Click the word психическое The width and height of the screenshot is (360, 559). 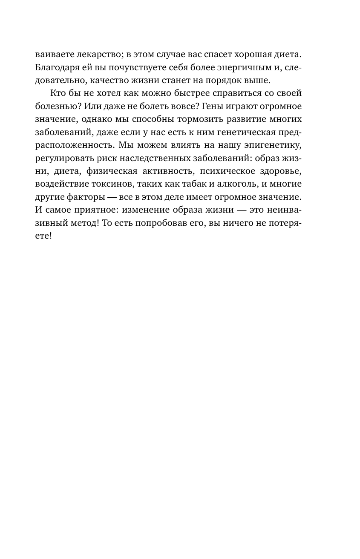226,170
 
